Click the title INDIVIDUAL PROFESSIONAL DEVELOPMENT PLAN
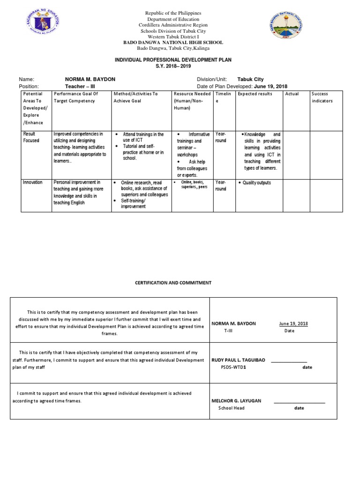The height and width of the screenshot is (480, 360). [173, 60]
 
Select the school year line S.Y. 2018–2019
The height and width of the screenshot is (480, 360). [173, 67]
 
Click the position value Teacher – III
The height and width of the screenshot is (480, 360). [79, 86]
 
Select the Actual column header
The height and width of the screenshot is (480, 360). [292, 94]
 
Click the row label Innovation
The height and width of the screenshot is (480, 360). [33, 182]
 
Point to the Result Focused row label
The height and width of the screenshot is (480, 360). [31, 137]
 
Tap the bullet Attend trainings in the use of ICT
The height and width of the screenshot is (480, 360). [143, 137]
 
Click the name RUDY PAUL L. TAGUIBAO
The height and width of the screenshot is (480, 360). [239, 360]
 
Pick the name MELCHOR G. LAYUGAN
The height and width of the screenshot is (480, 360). [237, 401]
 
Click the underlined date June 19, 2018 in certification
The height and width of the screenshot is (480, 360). [293, 323]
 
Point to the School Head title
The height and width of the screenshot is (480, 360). [232, 408]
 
